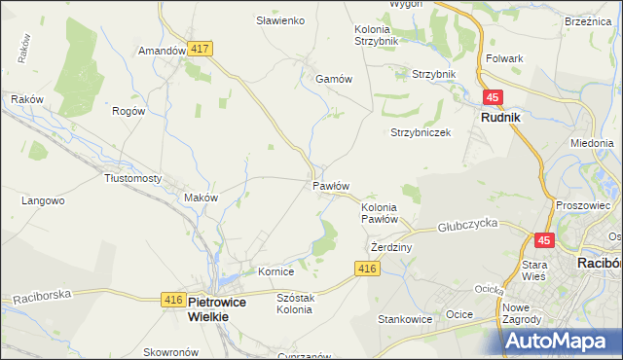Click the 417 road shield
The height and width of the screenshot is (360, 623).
(202, 48)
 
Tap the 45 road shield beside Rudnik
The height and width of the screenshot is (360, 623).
(494, 97)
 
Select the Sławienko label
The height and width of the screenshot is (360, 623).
(280, 20)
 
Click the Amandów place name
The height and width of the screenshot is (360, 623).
(162, 51)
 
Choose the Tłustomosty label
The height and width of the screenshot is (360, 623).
(132, 178)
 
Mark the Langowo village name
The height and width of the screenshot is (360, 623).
(43, 201)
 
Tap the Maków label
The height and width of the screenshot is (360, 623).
(201, 198)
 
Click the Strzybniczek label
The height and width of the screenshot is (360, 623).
(421, 132)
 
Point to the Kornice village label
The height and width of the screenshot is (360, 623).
(275, 271)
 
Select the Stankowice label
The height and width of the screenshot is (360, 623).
(405, 318)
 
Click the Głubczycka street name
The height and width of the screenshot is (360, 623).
(468, 223)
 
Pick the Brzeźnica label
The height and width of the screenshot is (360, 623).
(587, 20)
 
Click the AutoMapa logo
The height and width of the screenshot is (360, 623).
(564, 342)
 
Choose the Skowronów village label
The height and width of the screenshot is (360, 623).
(170, 352)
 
